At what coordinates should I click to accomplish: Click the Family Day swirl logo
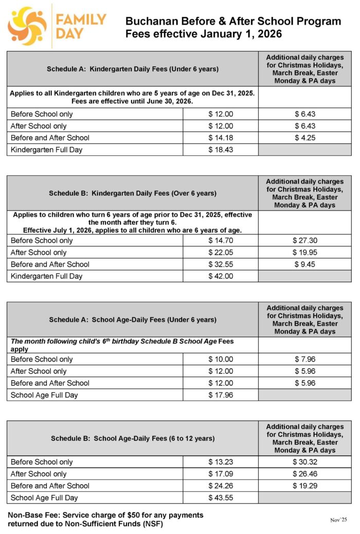point(27,26)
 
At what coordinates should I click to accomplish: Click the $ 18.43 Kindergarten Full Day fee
point(221,150)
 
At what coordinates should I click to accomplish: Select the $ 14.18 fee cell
point(221,138)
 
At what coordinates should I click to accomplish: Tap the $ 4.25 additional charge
point(305,138)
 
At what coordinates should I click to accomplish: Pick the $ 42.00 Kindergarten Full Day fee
point(221,276)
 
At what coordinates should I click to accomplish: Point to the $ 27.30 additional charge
point(305,241)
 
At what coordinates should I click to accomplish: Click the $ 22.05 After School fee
point(221,252)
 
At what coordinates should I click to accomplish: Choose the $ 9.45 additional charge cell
point(305,264)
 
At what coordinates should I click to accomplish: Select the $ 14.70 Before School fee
point(221,241)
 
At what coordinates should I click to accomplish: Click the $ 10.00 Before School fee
point(221,359)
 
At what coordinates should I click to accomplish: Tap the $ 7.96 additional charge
point(305,359)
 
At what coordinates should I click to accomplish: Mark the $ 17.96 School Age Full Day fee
point(221,395)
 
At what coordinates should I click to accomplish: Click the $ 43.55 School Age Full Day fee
point(221,498)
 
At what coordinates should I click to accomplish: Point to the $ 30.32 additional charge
point(305,462)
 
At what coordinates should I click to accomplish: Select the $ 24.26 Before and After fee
point(221,486)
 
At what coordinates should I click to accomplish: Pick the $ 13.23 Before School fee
point(221,462)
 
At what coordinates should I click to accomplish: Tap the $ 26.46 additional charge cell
point(305,474)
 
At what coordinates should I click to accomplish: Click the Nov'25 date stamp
point(340,520)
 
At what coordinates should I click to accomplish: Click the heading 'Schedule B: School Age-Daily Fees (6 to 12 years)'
point(133,438)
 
